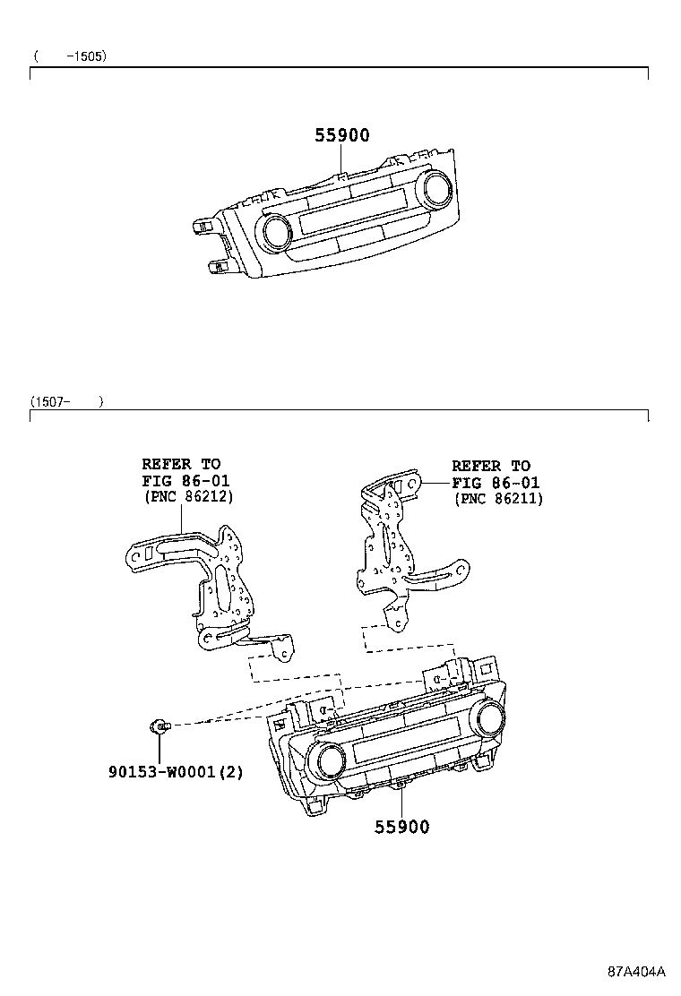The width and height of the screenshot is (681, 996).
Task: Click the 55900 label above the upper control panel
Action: tap(342, 134)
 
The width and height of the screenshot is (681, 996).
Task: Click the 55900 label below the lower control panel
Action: tap(402, 827)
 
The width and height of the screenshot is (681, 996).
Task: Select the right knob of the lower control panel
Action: tap(490, 718)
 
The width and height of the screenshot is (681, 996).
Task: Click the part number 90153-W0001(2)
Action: tap(176, 772)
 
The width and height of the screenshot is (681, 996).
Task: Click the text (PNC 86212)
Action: tap(189, 496)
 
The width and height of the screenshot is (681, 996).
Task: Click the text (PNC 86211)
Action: tap(499, 499)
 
